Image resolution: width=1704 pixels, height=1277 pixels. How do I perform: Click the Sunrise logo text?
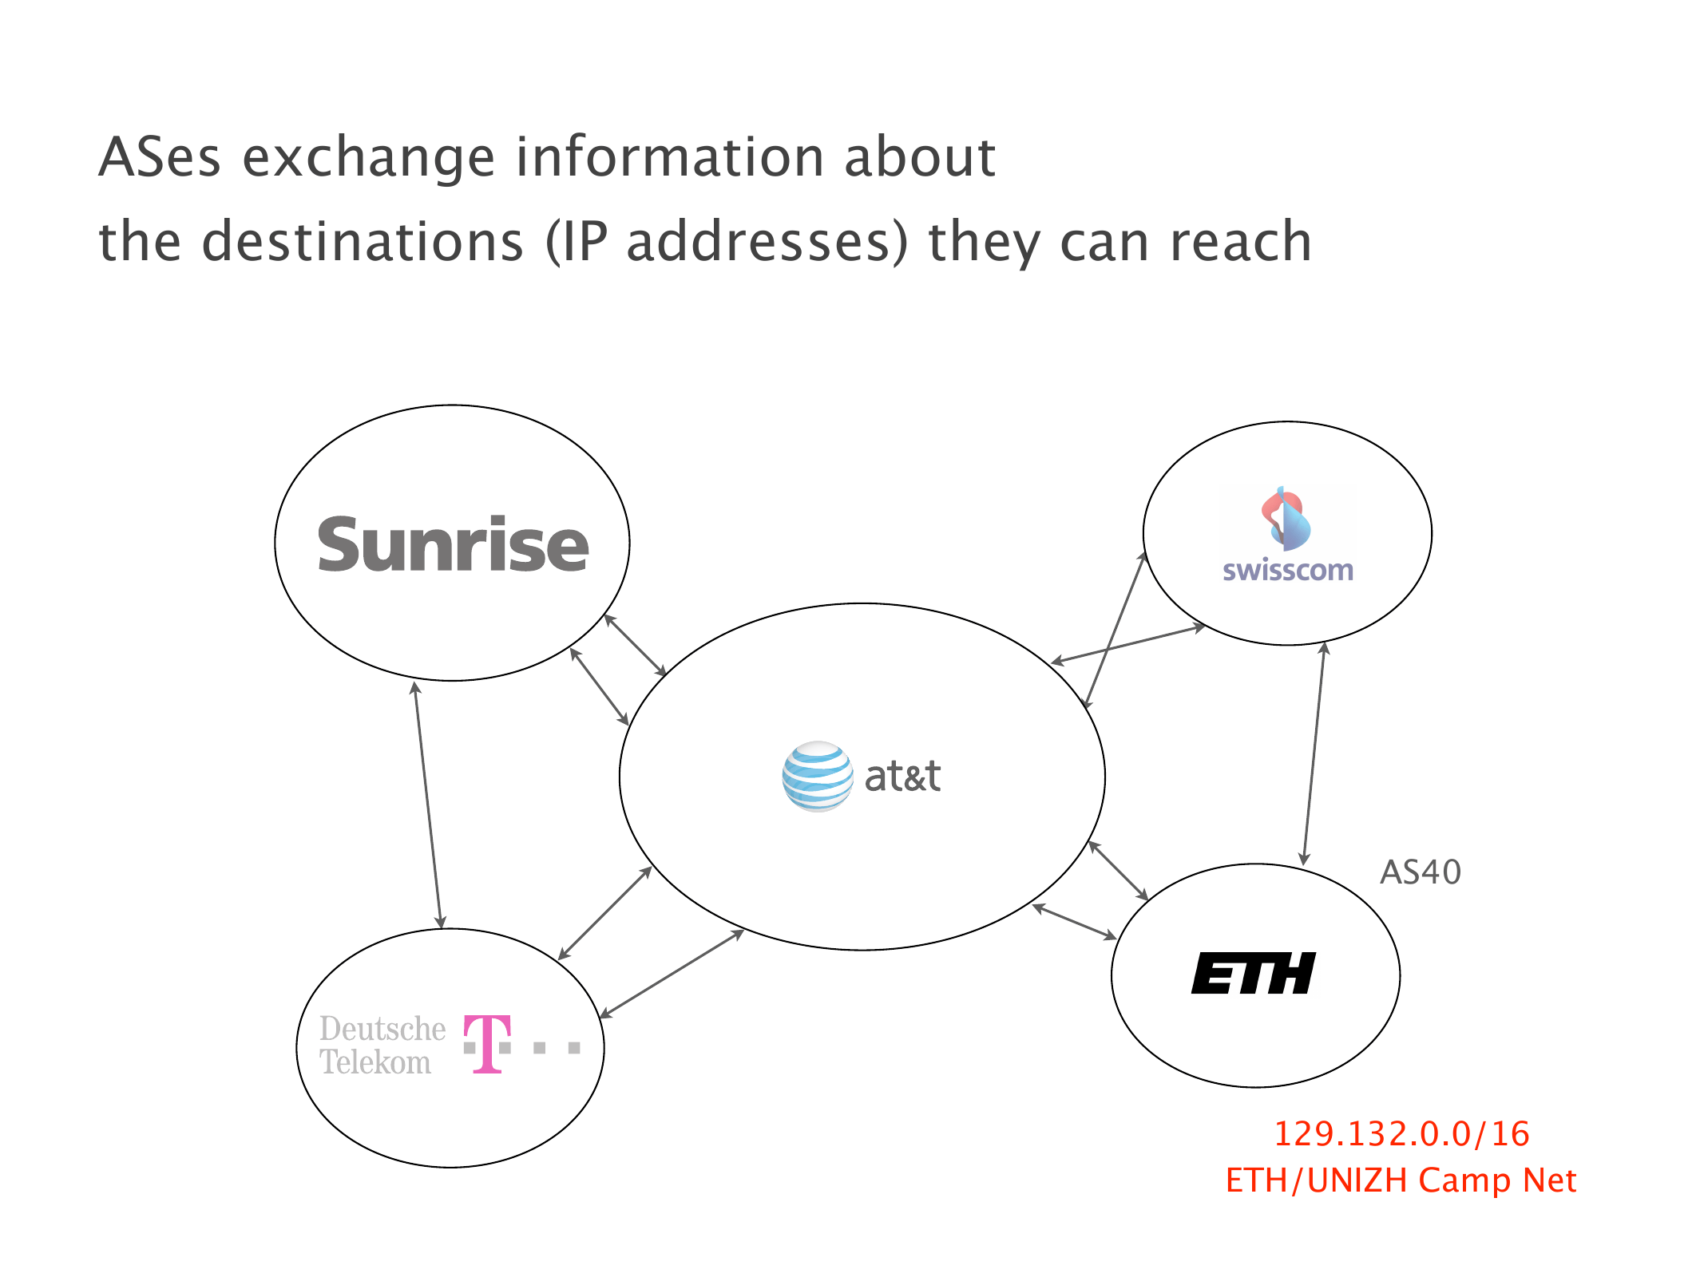pos(453,545)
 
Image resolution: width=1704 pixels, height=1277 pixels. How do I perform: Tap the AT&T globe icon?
pos(817,776)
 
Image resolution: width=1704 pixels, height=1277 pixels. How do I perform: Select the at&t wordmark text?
pos(902,776)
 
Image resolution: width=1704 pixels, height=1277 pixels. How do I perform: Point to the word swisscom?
pos(1287,570)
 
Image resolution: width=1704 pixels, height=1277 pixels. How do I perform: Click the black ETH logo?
pos(1254,974)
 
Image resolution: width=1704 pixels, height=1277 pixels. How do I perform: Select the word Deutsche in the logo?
pos(382,1029)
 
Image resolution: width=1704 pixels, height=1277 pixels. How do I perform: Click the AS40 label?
pos(1421,872)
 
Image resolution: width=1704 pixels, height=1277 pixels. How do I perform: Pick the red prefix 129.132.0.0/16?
pos(1401,1133)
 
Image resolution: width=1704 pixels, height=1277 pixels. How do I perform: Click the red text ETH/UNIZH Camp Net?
pos(1401,1180)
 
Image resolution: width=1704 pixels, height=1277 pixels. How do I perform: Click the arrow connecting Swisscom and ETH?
pos(1314,754)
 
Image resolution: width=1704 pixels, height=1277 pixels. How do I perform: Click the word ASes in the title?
pos(159,157)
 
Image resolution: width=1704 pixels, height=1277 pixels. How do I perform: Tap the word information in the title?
pos(669,157)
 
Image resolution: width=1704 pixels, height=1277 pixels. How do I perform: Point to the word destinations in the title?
pos(363,241)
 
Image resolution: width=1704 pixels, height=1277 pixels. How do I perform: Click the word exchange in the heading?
pos(368,157)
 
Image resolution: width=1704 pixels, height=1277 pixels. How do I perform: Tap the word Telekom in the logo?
pos(375,1063)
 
